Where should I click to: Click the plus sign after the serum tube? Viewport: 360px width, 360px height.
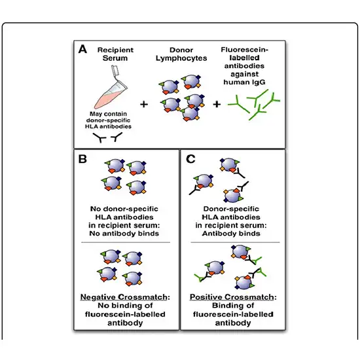pyautogui.click(x=141, y=103)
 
